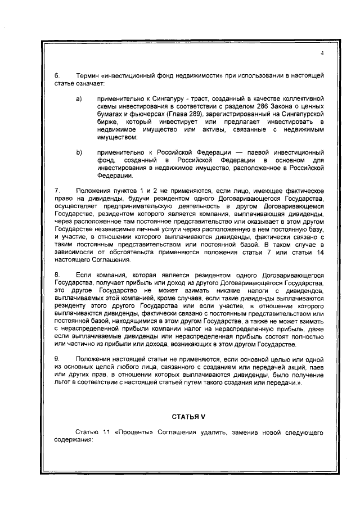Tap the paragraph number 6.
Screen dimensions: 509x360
pos(56,75)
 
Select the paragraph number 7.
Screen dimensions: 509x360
pos(56,192)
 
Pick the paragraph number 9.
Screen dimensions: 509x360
pos(56,358)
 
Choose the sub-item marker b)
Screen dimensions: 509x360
pos(79,152)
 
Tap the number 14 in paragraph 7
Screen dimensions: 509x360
pos(319,253)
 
